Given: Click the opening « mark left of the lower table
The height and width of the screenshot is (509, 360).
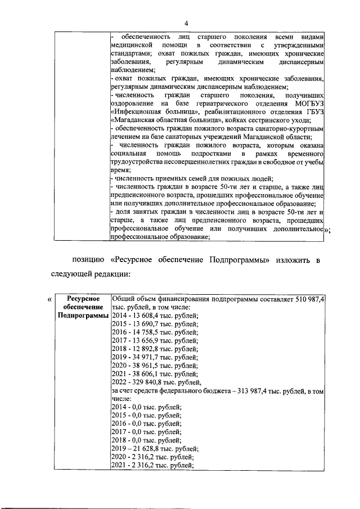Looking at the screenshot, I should click(51, 299).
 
